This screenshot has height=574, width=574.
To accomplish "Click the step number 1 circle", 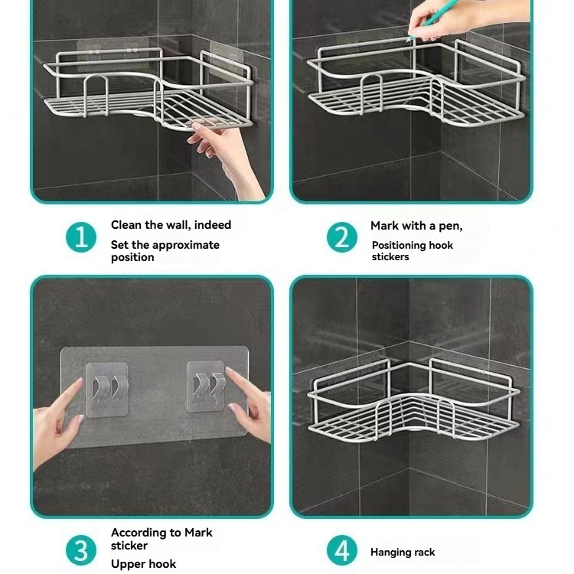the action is pyautogui.click(x=81, y=236).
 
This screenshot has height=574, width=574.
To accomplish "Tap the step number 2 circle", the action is pyautogui.click(x=342, y=236).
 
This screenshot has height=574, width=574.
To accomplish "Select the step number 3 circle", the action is pyautogui.click(x=81, y=550).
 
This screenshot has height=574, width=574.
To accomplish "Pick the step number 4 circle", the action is pyautogui.click(x=342, y=550).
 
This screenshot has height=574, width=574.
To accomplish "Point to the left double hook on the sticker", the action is pyautogui.click(x=106, y=387).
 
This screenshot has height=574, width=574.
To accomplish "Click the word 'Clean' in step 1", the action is pyautogui.click(x=126, y=224).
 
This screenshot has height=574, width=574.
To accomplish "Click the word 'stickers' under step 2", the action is pyautogui.click(x=390, y=256).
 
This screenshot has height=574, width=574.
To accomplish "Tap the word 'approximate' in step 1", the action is pyautogui.click(x=184, y=245).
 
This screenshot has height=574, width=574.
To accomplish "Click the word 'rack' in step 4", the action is pyautogui.click(x=426, y=552).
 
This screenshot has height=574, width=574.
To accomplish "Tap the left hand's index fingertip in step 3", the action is pyautogui.click(x=80, y=380).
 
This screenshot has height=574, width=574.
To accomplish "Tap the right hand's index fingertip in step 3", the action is pyautogui.click(x=229, y=370).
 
